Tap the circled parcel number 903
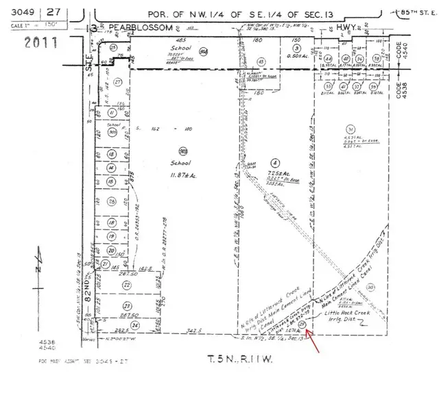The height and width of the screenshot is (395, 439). pyautogui.click(x=183, y=151)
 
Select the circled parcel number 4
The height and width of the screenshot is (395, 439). pyautogui.click(x=275, y=162)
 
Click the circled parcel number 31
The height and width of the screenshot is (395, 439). pyautogui.click(x=351, y=129)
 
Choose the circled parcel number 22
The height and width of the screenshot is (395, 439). pyautogui.click(x=126, y=284)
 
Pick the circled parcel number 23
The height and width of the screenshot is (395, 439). pyautogui.click(x=126, y=305)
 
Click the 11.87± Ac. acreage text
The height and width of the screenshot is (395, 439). pyautogui.click(x=183, y=176)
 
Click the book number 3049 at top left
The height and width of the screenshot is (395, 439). pyautogui.click(x=17, y=12)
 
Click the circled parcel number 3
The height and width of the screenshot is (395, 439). pyautogui.click(x=296, y=49)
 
